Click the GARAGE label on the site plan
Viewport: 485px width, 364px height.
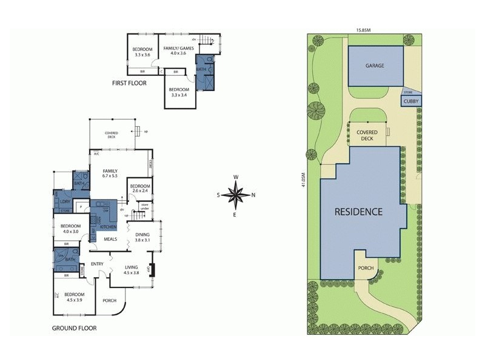pyautogui.click(x=375, y=66)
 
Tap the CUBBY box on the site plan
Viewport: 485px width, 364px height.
pyautogui.click(x=411, y=102)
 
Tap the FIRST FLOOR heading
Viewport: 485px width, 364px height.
pyautogui.click(x=129, y=83)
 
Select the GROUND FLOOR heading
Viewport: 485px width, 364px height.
pyautogui.click(x=74, y=328)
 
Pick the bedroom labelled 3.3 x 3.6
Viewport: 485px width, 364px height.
pyautogui.click(x=144, y=51)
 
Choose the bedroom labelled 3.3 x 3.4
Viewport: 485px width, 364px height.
pyautogui.click(x=181, y=92)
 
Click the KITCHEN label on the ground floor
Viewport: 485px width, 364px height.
pyautogui.click(x=108, y=226)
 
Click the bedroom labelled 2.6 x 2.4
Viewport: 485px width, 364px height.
pyautogui.click(x=139, y=188)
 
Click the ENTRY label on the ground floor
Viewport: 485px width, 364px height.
pyautogui.click(x=97, y=264)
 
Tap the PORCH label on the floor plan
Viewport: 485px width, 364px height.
pyautogui.click(x=110, y=300)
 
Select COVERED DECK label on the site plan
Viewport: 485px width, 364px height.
pyautogui.click(x=367, y=135)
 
